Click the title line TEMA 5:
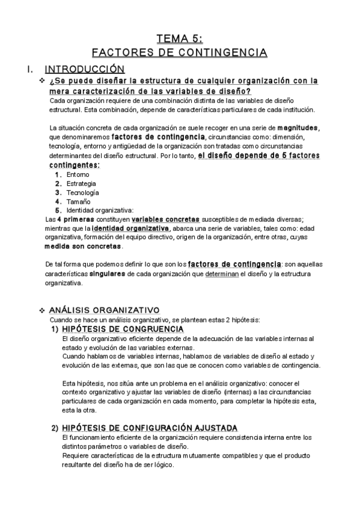[x=180, y=39]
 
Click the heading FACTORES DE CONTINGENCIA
[x=180, y=52]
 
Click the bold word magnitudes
[x=298, y=128]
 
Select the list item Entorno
[x=78, y=174]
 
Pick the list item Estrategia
[x=81, y=183]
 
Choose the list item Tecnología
[x=83, y=192]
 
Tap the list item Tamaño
[x=79, y=201]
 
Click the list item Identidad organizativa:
[x=99, y=210]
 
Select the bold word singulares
[x=108, y=273]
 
